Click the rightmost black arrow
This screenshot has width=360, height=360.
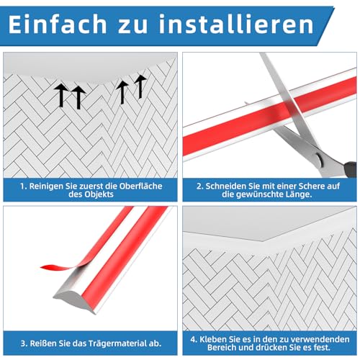140,86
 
